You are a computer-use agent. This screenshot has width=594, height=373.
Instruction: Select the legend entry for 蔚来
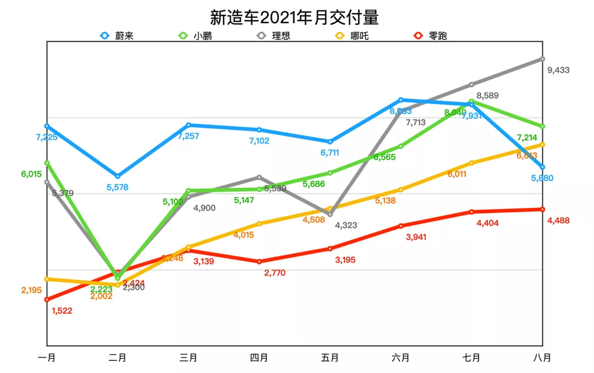coord(117,36)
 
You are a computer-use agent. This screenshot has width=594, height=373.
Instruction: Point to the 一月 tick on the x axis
coord(47,358)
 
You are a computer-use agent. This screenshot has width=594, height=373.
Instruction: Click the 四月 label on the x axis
coord(259,358)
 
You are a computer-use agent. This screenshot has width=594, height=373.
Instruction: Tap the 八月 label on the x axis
coord(542,358)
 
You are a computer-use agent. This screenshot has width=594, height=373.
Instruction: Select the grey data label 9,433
coord(558,70)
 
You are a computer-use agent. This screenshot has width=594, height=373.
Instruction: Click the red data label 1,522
coord(62,311)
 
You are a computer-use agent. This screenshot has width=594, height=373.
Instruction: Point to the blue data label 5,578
coord(117,187)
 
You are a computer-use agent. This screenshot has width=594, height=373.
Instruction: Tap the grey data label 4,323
coord(346,225)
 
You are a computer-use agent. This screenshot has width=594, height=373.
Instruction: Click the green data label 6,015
coord(31,174)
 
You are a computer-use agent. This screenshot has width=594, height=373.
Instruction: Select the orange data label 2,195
coord(32,290)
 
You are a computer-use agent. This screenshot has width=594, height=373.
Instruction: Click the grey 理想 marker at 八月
coord(542,58)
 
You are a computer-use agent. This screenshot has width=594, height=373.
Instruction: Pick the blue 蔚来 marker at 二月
coord(118,176)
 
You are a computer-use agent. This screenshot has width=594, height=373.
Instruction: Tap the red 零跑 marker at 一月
coord(47,300)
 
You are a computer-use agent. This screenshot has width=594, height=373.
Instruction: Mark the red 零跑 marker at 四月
coord(259,261)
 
